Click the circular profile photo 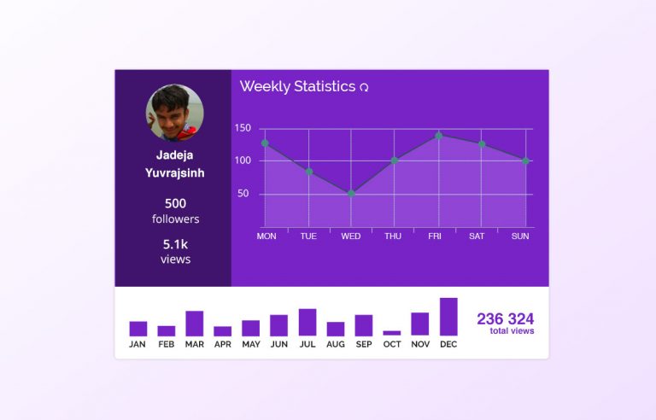click(175, 112)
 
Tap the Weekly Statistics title click(297, 86)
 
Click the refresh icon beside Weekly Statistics click(365, 87)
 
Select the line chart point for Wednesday click(351, 194)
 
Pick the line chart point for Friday click(438, 135)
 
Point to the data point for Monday click(265, 143)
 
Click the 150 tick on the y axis click(243, 129)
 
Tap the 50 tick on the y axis click(243, 194)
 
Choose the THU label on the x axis click(393, 236)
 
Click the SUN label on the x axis click(520, 236)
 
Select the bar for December click(448, 317)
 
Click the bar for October click(392, 333)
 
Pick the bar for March click(195, 324)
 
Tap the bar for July click(307, 322)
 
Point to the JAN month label click(138, 345)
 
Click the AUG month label click(336, 345)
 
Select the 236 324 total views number click(505, 319)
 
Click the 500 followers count click(175, 203)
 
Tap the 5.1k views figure click(175, 244)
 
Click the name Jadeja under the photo click(175, 155)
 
